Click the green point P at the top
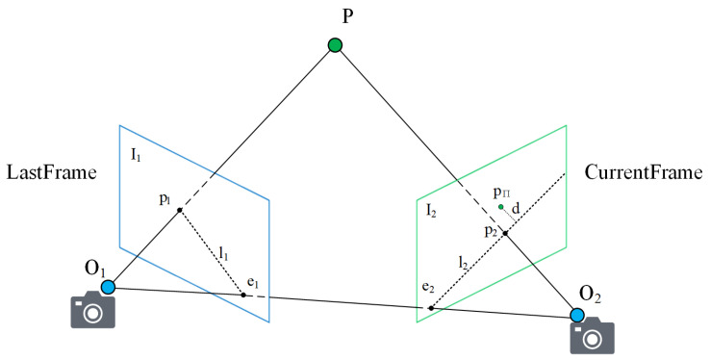(x=335, y=45)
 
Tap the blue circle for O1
(x=109, y=287)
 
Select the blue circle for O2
(x=577, y=315)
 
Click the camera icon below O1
(x=93, y=312)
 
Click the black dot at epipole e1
(x=243, y=295)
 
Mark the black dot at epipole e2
(x=430, y=308)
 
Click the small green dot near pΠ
(x=500, y=207)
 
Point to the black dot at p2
(x=504, y=233)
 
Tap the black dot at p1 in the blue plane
(x=180, y=211)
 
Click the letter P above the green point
(x=336, y=16)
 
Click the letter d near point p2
(x=517, y=209)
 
